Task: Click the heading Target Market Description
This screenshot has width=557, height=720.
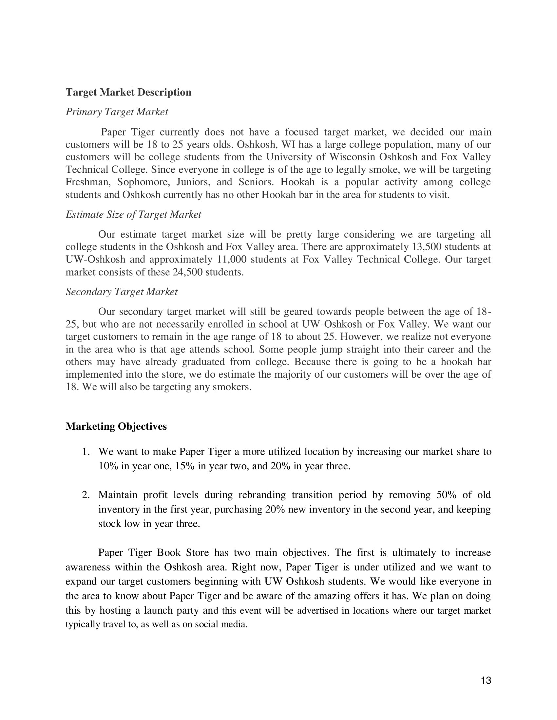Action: click(128, 92)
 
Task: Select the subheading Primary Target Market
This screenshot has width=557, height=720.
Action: click(117, 112)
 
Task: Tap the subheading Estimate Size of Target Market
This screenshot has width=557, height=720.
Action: click(133, 215)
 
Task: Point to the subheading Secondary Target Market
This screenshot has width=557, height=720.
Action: click(122, 292)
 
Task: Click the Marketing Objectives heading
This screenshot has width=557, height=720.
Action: click(116, 426)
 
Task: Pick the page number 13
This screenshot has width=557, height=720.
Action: click(486, 680)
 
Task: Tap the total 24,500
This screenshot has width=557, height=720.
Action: click(187, 272)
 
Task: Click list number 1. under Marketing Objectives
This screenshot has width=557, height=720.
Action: click(86, 452)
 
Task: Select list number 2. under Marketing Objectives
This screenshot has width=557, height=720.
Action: click(86, 495)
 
